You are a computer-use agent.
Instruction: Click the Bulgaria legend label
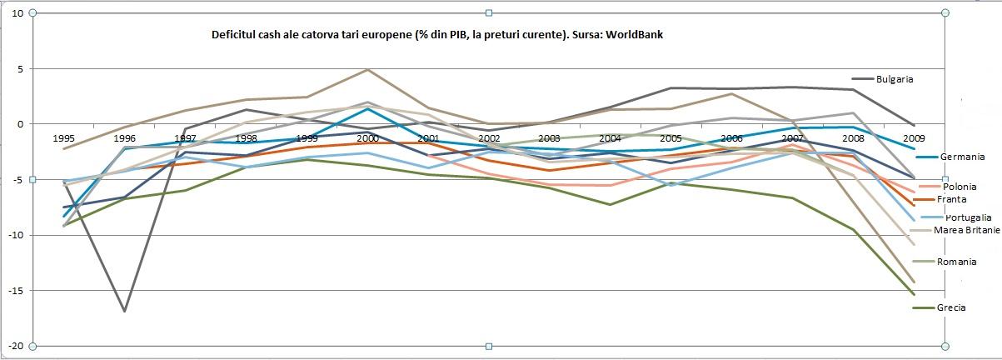click(895, 79)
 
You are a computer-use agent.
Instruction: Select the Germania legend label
click(962, 157)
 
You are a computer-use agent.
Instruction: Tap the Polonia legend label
click(960, 187)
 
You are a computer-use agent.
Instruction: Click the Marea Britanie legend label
click(967, 230)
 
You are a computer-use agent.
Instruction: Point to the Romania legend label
click(956, 262)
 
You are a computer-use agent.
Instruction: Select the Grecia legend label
click(951, 307)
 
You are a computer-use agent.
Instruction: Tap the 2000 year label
click(367, 137)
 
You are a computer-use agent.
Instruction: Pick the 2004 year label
click(611, 137)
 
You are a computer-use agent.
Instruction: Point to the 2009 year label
click(914, 137)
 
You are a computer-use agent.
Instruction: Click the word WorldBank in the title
click(636, 35)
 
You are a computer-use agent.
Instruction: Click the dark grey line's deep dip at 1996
click(125, 311)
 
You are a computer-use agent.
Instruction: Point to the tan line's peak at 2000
click(367, 69)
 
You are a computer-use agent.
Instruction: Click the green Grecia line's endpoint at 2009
click(914, 294)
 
